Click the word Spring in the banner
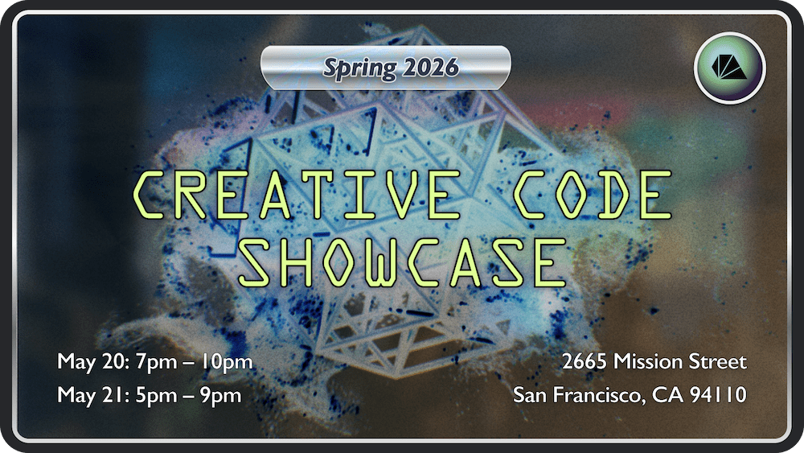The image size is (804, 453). pyautogui.click(x=359, y=68)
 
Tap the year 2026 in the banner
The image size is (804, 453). pyautogui.click(x=431, y=68)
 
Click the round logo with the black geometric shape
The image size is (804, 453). pyautogui.click(x=730, y=68)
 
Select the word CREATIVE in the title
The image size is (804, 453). pyautogui.click(x=297, y=195)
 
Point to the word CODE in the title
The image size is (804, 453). pyautogui.click(x=593, y=195)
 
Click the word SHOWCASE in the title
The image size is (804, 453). pyautogui.click(x=403, y=262)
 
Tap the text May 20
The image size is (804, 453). pyautogui.click(x=92, y=362)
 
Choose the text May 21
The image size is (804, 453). pyautogui.click(x=92, y=396)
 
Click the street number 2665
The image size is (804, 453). pyautogui.click(x=585, y=362)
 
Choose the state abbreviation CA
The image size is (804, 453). pyautogui.click(x=667, y=395)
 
